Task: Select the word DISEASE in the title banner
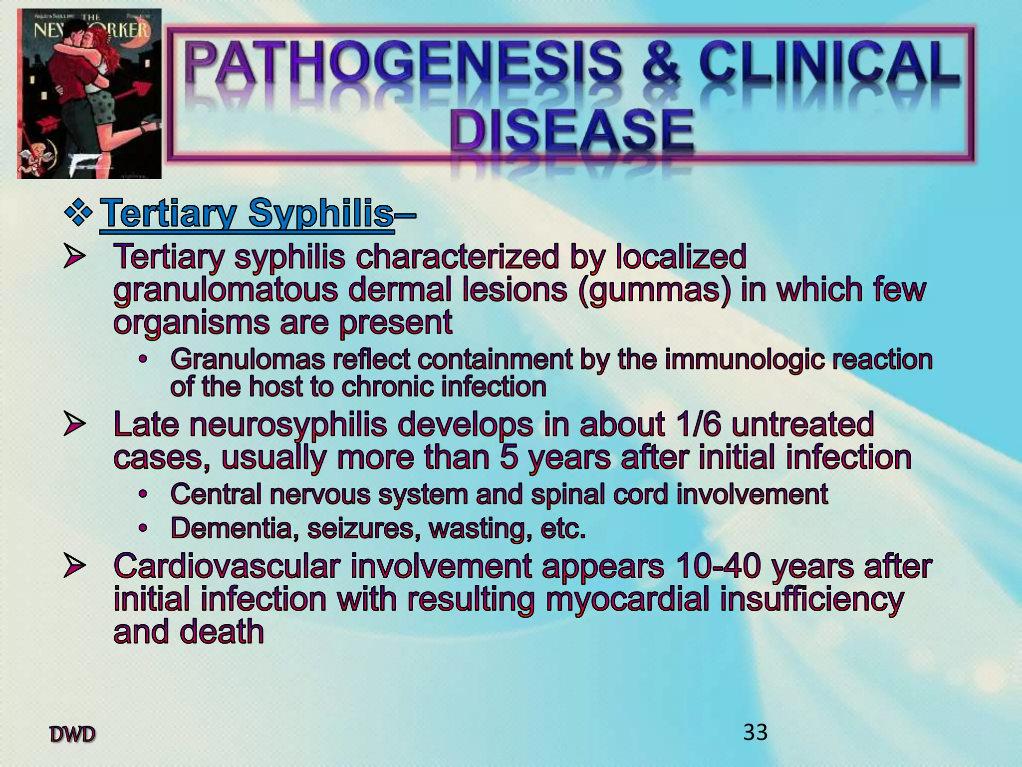(x=572, y=129)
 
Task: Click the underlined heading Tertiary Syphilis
(x=247, y=213)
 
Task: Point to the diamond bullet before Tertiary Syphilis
(x=78, y=214)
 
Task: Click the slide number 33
(x=755, y=733)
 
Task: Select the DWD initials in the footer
(x=73, y=735)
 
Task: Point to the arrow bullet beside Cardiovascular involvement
(x=73, y=567)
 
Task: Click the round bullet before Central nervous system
(x=144, y=494)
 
